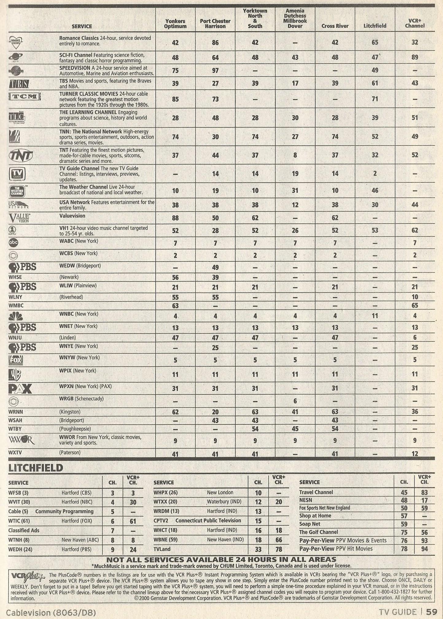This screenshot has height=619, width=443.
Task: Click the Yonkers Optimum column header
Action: point(175,24)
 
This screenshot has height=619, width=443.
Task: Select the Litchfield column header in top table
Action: point(375,26)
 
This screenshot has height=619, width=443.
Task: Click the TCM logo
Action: point(25,96)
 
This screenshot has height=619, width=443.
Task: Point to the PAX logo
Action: point(20,389)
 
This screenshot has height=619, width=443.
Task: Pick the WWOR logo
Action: point(21,441)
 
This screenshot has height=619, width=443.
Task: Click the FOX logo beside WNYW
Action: point(16,360)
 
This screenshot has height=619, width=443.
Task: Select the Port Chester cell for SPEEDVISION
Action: point(215,71)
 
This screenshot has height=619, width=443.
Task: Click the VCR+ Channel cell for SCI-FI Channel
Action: point(414,57)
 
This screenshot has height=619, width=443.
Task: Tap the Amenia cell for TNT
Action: point(295,155)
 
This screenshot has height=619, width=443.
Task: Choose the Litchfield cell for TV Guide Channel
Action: point(375,173)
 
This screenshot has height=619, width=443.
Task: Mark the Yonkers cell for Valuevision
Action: point(175,218)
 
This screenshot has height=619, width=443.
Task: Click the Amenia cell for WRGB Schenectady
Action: point(295,401)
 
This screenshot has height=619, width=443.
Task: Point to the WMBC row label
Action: point(16,306)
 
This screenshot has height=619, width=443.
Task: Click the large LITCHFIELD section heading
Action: point(36,468)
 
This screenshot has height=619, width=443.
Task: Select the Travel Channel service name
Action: point(316,492)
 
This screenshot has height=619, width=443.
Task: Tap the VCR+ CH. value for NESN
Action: point(424,500)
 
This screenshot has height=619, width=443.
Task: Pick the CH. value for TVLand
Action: point(258,549)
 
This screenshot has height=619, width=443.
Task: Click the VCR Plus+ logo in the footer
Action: point(28,576)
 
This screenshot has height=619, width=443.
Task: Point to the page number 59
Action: point(431,612)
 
